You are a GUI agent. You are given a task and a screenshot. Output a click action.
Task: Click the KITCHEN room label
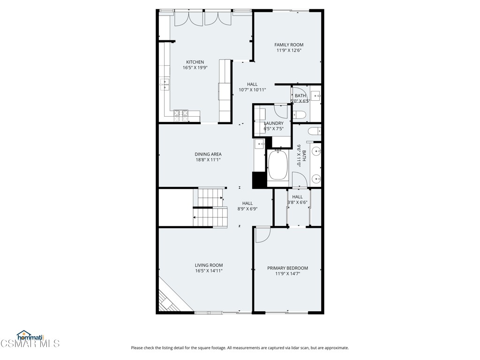click(x=195, y=62)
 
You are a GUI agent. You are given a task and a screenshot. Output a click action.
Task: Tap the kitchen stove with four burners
click(x=181, y=113)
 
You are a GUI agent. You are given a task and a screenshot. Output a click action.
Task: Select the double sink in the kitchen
click(x=165, y=84)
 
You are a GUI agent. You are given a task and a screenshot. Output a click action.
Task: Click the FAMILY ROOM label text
click(x=289, y=45)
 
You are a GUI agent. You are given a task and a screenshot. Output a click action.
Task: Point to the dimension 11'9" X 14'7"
click(x=288, y=274)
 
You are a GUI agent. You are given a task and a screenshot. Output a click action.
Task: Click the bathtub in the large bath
click(x=278, y=165)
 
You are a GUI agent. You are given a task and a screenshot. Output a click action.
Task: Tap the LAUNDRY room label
click(x=273, y=123)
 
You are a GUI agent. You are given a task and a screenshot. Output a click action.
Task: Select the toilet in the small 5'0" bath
click(x=300, y=114)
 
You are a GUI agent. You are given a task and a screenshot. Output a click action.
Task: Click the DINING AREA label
click(x=208, y=154)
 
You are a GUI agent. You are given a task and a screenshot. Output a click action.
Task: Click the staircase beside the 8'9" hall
click(x=209, y=208)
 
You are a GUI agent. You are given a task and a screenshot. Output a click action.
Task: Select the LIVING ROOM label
click(x=209, y=265)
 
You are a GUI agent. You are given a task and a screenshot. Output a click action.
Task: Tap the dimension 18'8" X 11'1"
click(x=208, y=160)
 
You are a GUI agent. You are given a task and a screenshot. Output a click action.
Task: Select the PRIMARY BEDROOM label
click(x=288, y=268)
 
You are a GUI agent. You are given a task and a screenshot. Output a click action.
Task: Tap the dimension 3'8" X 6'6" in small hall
click(x=297, y=202)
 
